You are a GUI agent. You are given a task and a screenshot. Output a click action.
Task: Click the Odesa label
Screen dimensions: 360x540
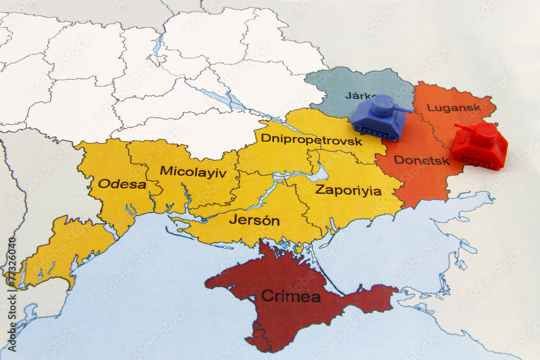[x=122, y=184]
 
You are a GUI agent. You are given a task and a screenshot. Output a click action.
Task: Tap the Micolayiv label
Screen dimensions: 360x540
[x=193, y=172]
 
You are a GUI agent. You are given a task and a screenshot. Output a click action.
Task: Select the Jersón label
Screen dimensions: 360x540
[x=254, y=220]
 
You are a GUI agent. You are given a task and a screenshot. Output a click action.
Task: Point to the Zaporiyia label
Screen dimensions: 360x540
[x=348, y=191]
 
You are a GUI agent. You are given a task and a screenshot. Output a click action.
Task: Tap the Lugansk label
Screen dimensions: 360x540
[x=454, y=107]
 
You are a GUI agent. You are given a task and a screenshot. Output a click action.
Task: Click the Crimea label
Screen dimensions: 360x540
[x=291, y=296]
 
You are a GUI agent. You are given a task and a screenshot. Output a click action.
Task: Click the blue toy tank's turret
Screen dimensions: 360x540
[x=382, y=106]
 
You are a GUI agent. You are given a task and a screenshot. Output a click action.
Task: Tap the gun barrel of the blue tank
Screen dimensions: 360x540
[x=403, y=110]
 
